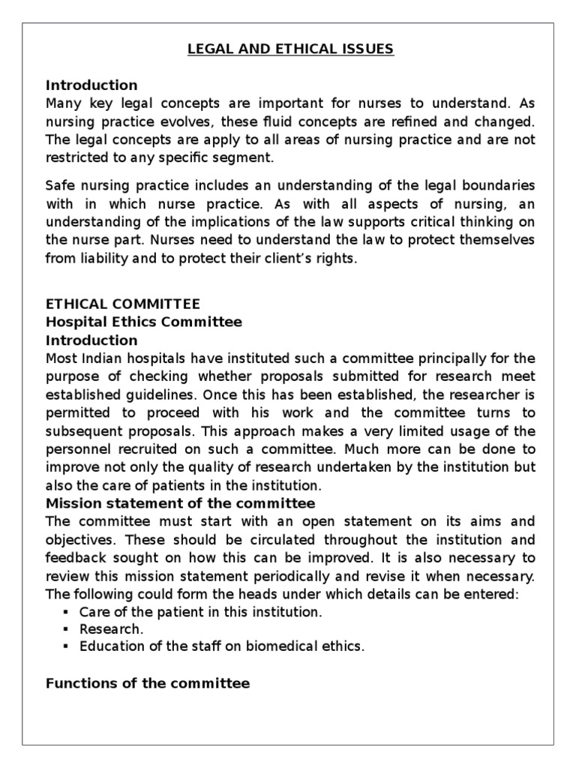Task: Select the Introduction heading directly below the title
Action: (91, 85)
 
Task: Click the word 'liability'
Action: (98, 257)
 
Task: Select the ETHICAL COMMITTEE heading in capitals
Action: (123, 304)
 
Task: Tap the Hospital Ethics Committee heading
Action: (144, 322)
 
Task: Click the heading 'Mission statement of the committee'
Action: (180, 502)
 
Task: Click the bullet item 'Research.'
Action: (111, 629)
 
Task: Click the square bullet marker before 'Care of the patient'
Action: (66, 612)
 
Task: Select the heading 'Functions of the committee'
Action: (148, 683)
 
